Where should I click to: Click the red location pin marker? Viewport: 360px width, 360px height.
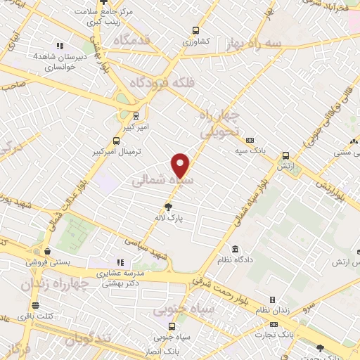pos(181,165)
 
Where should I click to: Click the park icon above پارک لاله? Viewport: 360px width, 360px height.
pos(167,207)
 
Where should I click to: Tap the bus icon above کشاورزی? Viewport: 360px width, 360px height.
pos(195,31)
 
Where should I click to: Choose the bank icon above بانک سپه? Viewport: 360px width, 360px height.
pos(250,141)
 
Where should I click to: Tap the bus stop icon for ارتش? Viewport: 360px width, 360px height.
pos(285,155)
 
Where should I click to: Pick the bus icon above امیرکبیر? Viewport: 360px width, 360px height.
pos(135,115)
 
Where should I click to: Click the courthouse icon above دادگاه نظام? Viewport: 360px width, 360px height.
pos(234,249)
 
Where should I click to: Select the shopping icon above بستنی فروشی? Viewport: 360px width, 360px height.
pos(46,251)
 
